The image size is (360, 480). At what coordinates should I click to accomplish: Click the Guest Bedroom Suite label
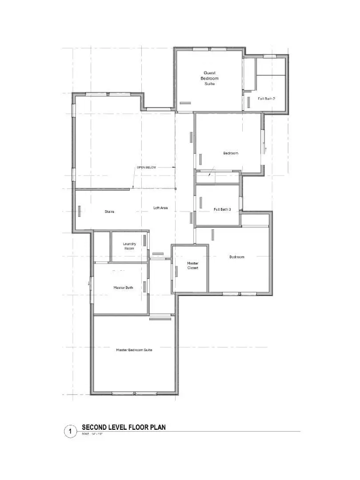coord(211,78)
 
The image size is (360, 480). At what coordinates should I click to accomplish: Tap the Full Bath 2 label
coord(267,99)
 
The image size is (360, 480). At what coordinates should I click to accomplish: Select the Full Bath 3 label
coord(222,209)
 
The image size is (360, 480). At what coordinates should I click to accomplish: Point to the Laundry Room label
coord(129,246)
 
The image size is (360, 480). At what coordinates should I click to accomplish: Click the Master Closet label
coord(192,265)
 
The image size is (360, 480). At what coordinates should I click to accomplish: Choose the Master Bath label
coord(123,288)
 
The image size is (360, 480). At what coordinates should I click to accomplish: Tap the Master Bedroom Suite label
coord(134,350)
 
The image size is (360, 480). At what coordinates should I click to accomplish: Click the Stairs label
coord(109,212)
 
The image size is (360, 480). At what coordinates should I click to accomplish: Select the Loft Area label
coord(160,208)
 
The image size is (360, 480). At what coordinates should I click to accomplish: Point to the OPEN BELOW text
coord(146,168)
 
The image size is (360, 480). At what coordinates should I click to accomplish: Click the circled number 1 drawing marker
coord(70,431)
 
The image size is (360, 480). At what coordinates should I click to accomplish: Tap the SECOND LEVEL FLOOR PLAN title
coord(124,428)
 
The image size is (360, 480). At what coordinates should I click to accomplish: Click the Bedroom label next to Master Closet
coord(236,257)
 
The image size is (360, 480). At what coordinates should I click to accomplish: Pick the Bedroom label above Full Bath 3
coord(231,153)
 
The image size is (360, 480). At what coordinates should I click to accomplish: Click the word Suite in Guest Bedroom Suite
coord(211,84)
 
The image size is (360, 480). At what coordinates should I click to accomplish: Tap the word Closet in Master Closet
coord(192,268)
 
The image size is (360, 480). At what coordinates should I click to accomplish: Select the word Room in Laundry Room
coord(129,248)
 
